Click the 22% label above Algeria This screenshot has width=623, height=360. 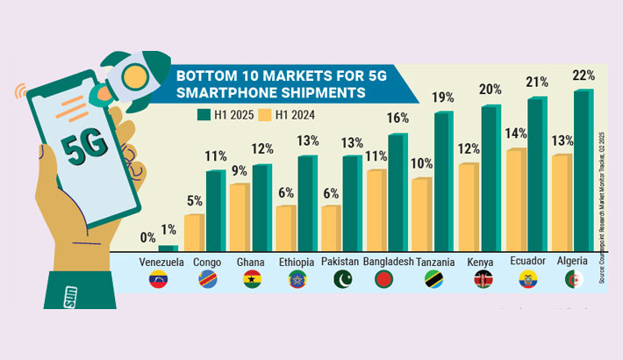tap(584, 76)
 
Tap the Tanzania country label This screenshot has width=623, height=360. tap(433, 262)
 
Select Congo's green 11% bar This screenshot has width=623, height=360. tap(215, 211)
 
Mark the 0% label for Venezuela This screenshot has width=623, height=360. tap(148, 237)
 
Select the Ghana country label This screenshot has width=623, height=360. tap(251, 262)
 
